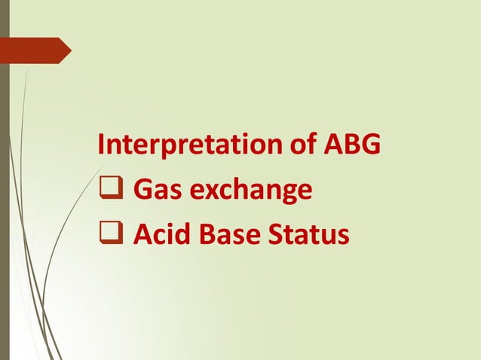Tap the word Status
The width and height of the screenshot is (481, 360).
pyautogui.click(x=307, y=236)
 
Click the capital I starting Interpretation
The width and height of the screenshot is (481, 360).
pyautogui.click(x=102, y=143)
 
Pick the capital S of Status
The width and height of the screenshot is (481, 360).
pyautogui.click(x=274, y=236)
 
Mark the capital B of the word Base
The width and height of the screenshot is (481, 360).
pyautogui.click(x=209, y=236)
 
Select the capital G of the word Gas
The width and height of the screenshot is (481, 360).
pyautogui.click(x=142, y=190)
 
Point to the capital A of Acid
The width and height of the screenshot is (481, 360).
pyautogui.click(x=142, y=236)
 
